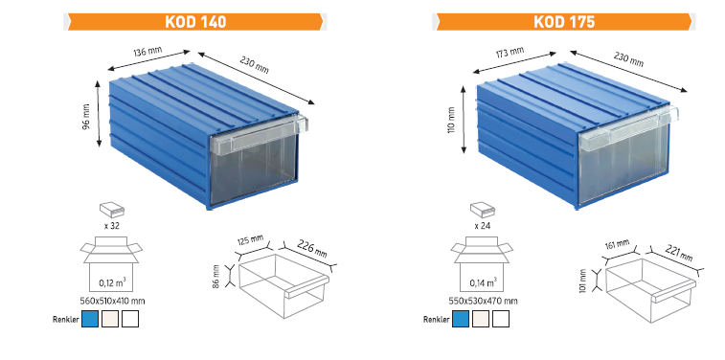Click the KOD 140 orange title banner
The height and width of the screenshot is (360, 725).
195,22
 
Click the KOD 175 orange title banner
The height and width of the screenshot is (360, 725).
564,22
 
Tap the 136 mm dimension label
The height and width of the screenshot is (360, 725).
147,52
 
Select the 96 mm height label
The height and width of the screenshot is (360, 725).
86,119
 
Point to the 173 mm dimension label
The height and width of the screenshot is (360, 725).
510,53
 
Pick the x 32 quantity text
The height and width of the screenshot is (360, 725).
113,227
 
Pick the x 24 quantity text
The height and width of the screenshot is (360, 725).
484,227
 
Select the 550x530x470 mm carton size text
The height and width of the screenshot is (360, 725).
484,302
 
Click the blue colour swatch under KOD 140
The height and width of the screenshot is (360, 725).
90,319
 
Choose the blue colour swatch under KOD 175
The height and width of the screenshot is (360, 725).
461,319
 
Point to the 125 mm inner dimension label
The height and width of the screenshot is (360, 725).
251,241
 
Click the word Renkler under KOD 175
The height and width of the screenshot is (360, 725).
436,320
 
